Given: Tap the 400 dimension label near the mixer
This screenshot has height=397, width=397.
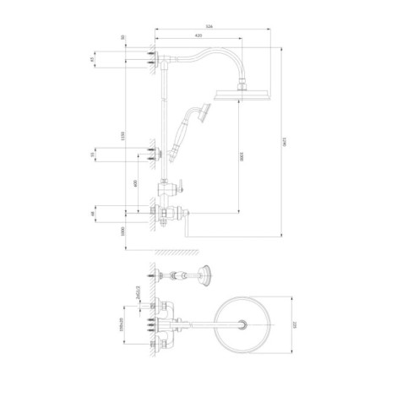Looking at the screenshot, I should pyautogui.click(x=135, y=183).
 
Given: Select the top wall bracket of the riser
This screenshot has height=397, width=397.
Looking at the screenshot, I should pyautogui.click(x=153, y=58).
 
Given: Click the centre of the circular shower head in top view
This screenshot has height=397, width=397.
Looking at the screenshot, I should pyautogui.click(x=245, y=324).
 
